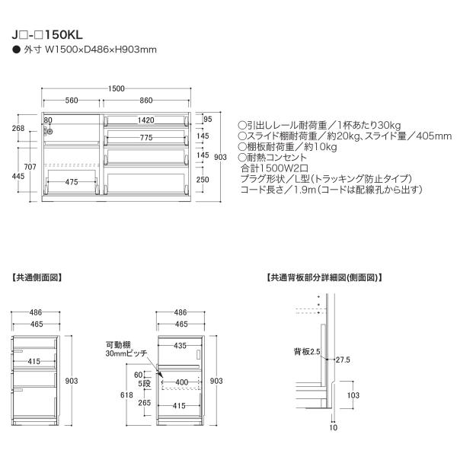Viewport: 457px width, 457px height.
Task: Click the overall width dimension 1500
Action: pos(117,88)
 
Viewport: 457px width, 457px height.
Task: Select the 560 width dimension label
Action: pos(72,101)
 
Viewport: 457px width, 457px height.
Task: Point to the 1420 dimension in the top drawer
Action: pos(147,120)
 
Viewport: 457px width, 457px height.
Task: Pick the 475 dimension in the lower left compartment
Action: pos(72,182)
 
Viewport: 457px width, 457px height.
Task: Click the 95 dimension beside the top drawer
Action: pos(207,119)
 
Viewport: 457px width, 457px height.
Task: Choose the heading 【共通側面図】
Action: pos(37,278)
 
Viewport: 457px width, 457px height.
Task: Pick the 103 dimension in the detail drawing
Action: pos(353,395)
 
